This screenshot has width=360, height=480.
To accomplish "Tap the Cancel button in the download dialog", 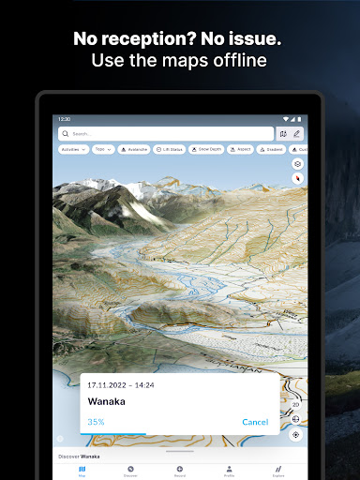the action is tap(255, 422).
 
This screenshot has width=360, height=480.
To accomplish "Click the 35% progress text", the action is tap(97, 422).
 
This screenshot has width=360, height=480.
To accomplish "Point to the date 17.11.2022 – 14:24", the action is tap(120, 384).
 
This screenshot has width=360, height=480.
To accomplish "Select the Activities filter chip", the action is tap(73, 149).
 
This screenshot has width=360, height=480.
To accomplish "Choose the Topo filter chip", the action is tap(103, 149).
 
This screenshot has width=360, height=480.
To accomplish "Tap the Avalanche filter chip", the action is tap(133, 149).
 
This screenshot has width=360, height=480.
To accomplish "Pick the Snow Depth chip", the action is tap(207, 149).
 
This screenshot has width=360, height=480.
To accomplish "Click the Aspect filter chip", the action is tap(242, 149).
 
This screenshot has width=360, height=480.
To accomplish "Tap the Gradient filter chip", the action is tap(273, 149).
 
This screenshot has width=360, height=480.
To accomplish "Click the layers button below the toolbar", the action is tap(296, 163).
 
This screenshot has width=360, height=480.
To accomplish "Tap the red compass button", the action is tap(296, 177).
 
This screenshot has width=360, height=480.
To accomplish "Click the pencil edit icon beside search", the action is tap(298, 134).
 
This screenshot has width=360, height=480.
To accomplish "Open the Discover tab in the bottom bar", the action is tap(130, 470).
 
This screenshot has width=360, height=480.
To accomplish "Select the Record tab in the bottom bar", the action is tap(180, 470).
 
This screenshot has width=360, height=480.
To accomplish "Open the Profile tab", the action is tap(229, 470).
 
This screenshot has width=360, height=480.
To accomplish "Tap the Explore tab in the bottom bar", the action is tap(278, 470).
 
